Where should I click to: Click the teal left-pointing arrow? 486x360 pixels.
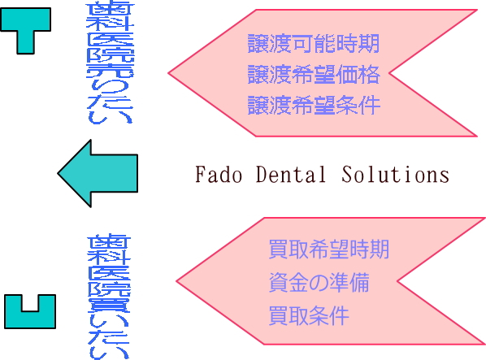[x=98, y=173]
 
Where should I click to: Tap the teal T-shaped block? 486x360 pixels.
[x=25, y=24]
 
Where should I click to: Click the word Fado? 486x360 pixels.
[x=219, y=174]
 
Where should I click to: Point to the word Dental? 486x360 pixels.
[x=291, y=174]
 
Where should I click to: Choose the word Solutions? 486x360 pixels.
[x=396, y=174]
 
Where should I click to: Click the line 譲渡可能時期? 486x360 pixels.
[x=314, y=44]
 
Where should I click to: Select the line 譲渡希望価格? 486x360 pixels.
[x=314, y=74]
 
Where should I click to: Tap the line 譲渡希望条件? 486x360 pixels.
[x=314, y=105]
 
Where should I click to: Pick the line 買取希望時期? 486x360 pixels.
[x=329, y=249]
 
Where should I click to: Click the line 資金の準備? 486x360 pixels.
[x=319, y=282]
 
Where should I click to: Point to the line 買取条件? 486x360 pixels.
[x=309, y=315]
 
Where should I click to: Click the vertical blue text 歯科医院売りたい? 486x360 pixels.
[x=110, y=63]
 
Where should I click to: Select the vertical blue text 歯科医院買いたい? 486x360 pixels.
[x=109, y=297]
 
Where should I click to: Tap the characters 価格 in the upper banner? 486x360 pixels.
[x=358, y=74]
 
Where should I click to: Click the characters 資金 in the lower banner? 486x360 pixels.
[x=289, y=282]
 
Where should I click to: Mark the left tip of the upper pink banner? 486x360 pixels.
[x=168, y=73]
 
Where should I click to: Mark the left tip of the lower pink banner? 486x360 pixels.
[x=176, y=281]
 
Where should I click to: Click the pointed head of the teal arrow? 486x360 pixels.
[x=58, y=173]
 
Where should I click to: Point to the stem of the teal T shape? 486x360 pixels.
[x=25, y=42]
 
